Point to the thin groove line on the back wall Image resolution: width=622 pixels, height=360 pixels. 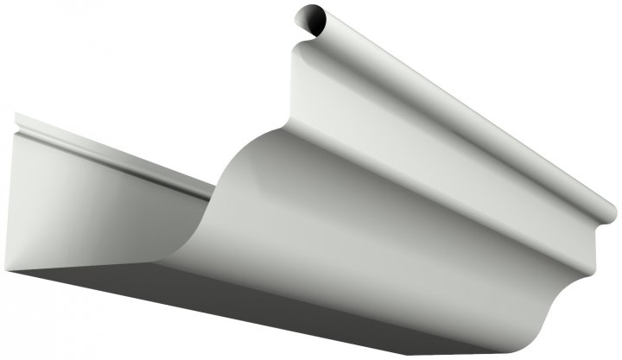(x=112, y=151)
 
